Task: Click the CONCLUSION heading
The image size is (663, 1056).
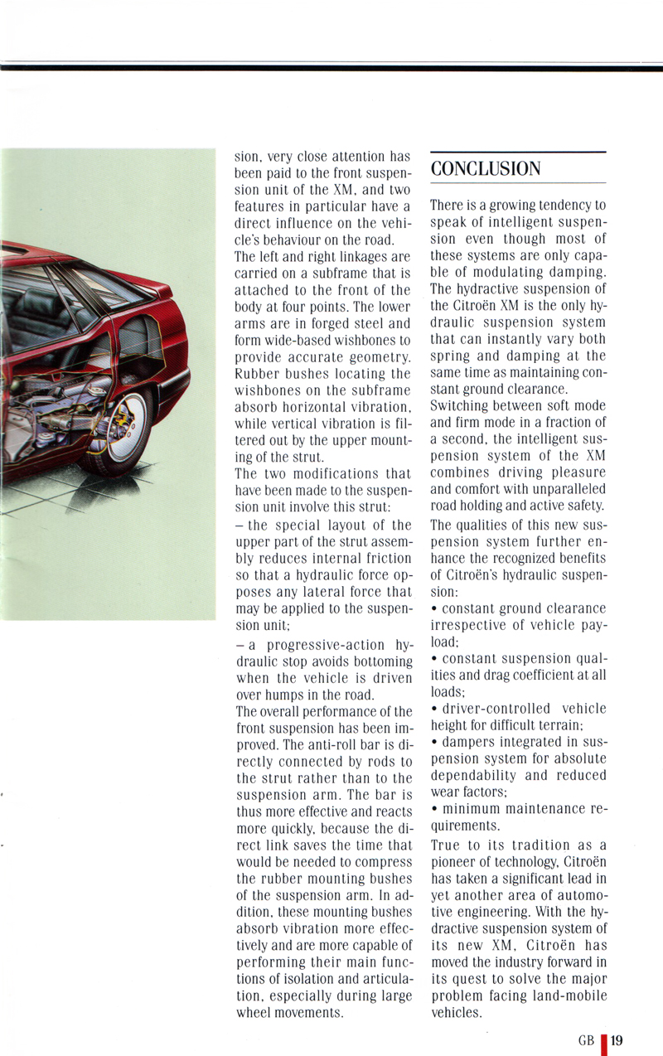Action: pyautogui.click(x=486, y=168)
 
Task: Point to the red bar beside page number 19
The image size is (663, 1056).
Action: pyautogui.click(x=605, y=1042)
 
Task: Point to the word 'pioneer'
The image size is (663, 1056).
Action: pyautogui.click(x=457, y=862)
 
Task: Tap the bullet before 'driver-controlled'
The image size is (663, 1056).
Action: pyautogui.click(x=435, y=709)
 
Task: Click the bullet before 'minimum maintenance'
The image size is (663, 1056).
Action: pyautogui.click(x=435, y=809)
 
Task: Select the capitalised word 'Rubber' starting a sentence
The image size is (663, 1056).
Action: pyautogui.click(x=258, y=374)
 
